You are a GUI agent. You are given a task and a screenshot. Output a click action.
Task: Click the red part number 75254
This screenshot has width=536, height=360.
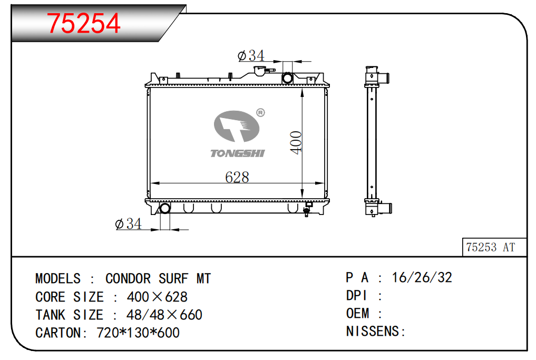83,23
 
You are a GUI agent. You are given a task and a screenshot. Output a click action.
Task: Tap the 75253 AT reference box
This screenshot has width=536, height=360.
494,247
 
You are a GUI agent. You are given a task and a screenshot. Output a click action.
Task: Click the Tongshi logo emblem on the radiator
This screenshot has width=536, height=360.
237,126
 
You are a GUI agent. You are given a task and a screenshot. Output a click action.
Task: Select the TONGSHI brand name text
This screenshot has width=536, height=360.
238,153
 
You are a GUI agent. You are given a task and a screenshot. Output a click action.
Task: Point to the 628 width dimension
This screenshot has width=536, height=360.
237,177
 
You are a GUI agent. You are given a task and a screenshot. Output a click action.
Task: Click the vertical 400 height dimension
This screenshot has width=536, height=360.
296,142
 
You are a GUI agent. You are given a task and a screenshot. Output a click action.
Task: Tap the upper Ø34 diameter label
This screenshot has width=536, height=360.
251,55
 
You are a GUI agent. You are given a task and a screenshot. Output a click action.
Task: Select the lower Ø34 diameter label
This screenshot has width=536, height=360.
128,224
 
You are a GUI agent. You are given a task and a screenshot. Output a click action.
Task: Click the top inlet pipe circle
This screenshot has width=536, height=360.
287,79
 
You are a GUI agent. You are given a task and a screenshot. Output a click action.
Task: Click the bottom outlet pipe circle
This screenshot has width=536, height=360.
165,208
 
